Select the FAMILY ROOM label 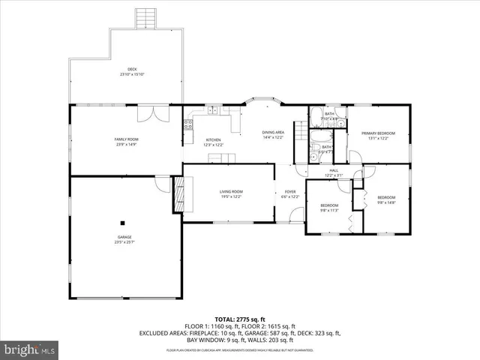[x=126, y=139]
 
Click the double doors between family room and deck [x=156, y=112]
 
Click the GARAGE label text [x=124, y=237]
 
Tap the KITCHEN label [x=213, y=140]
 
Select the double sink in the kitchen [x=213, y=110]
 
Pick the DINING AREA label [x=272, y=132]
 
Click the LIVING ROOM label [x=231, y=191]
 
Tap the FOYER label [x=290, y=192]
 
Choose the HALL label [x=334, y=171]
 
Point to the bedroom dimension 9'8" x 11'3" [x=330, y=210]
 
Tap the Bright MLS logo [x=31, y=349]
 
